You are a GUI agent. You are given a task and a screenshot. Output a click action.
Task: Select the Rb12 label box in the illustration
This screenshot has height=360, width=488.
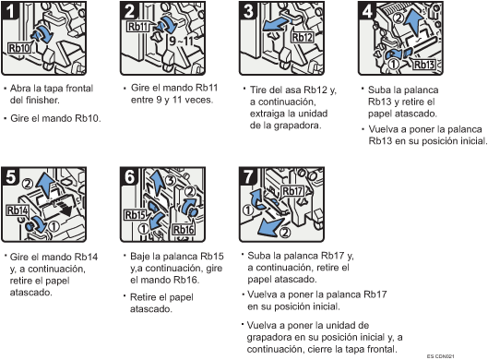tap(304, 38)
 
